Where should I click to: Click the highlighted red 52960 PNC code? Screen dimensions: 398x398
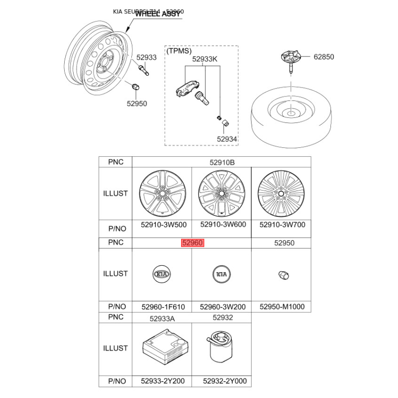(193, 243)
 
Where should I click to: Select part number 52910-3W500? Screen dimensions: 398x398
(161, 224)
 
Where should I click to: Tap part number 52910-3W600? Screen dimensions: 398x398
(222, 224)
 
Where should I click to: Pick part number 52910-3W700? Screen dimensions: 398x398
(282, 224)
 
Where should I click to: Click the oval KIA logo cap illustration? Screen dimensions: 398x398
(162, 274)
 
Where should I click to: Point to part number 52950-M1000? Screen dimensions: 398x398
(282, 307)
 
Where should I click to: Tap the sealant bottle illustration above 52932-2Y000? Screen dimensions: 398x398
(220, 347)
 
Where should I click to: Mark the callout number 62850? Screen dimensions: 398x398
(323, 57)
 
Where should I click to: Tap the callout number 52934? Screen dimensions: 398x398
(227, 139)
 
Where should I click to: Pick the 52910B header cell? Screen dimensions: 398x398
(221, 162)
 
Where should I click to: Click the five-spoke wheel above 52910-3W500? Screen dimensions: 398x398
(161, 194)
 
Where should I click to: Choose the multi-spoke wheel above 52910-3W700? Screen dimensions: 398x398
(281, 194)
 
